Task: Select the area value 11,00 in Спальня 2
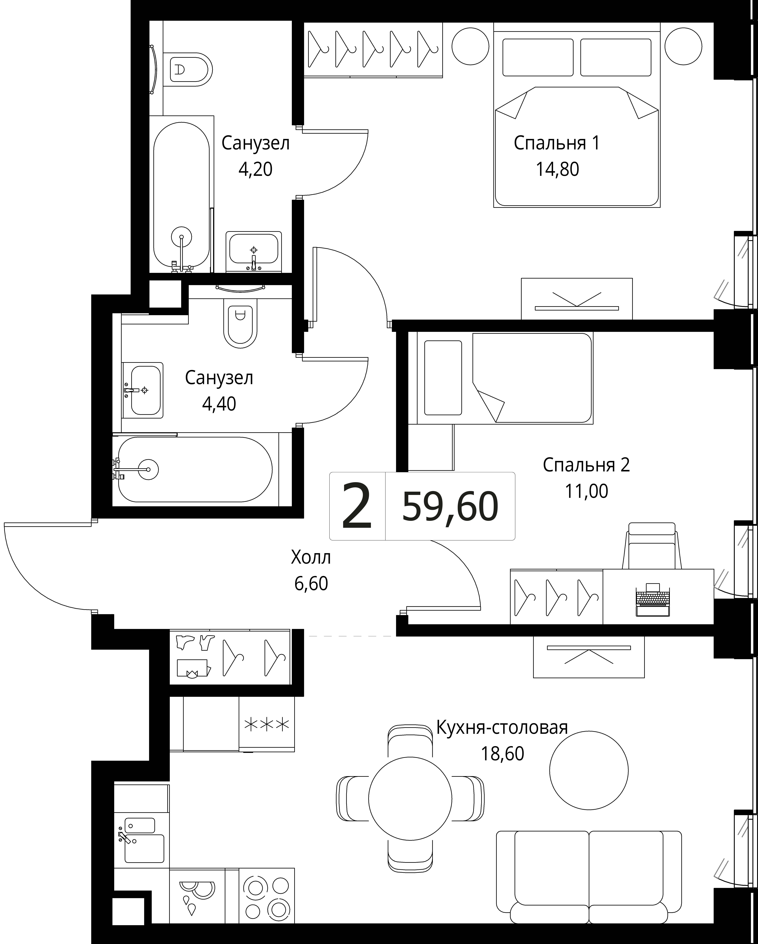click(586, 491)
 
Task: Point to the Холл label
click(311, 558)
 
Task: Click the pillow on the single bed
click(443, 377)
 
